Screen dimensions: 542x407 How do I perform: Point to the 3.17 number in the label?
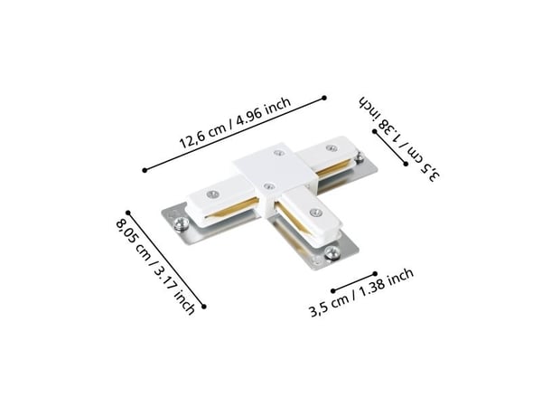coord(164,278)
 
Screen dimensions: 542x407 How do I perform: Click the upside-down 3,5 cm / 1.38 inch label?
coord(400,137)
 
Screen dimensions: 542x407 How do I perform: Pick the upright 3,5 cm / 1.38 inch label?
coord(361,292)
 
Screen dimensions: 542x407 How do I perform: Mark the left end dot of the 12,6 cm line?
coord(145,170)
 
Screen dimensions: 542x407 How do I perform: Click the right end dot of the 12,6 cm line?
coord(324,98)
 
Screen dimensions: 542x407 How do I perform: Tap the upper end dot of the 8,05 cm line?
coord(128,213)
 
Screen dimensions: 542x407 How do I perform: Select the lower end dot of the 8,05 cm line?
coord(204,307)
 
